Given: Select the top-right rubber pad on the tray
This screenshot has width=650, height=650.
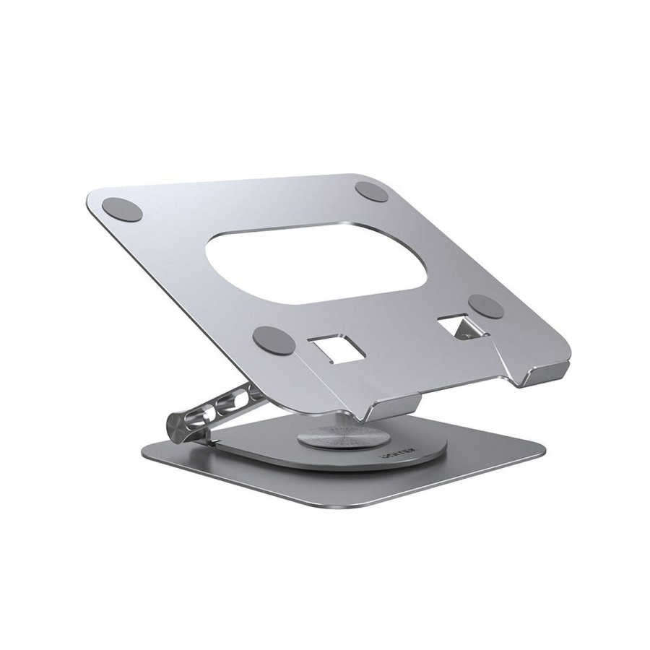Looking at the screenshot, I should point(371,192).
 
